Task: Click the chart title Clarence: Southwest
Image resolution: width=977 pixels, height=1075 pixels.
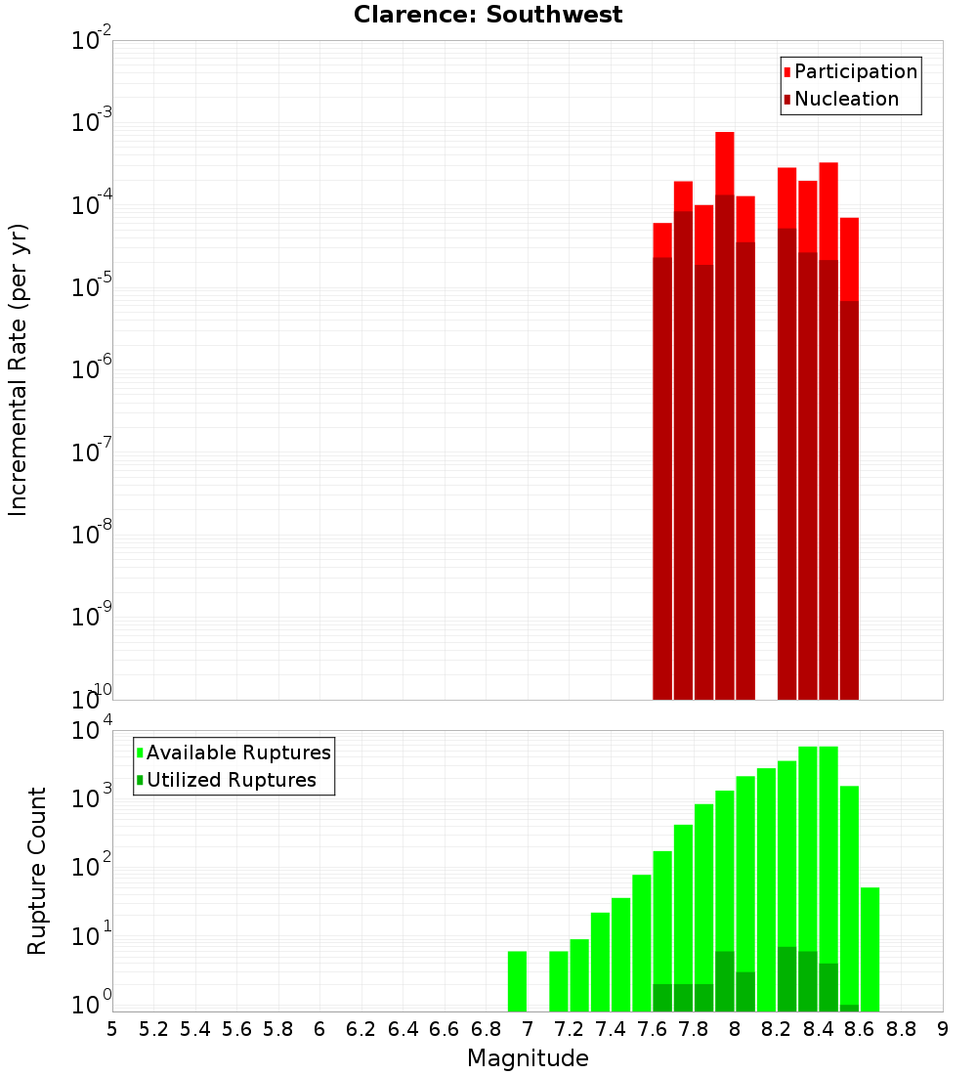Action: pyautogui.click(x=488, y=15)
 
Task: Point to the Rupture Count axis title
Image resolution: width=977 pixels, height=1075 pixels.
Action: pyautogui.click(x=37, y=870)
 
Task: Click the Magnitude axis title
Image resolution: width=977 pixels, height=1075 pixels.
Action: pyautogui.click(x=528, y=1058)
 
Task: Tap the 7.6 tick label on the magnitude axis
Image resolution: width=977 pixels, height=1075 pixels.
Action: pyautogui.click(x=652, y=1029)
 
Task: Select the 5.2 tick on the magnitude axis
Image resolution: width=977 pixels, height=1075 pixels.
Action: pyautogui.click(x=153, y=1029)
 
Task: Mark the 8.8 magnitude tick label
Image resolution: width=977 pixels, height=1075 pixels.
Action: pyautogui.click(x=901, y=1029)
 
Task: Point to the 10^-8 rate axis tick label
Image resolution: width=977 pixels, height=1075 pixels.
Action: pyautogui.click(x=92, y=534)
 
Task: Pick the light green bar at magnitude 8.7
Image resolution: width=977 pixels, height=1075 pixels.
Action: pyautogui.click(x=870, y=948)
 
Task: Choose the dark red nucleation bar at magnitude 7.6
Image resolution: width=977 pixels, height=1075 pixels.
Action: pyautogui.click(x=662, y=479)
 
